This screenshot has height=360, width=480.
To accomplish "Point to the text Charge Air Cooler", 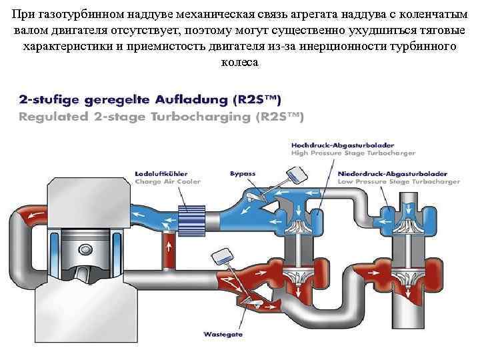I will click(167, 181).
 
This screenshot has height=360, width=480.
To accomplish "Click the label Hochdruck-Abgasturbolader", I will click(342, 145).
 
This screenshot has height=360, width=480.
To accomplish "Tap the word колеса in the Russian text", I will click(239, 61).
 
